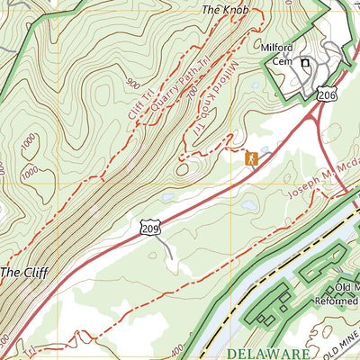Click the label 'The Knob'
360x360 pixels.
[223, 10]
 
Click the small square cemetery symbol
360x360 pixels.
[305, 63]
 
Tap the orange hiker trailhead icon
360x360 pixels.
[251, 159]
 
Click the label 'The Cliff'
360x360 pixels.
[22, 270]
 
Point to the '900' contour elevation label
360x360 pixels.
[134, 84]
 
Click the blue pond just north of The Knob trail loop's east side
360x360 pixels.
[255, 86]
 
